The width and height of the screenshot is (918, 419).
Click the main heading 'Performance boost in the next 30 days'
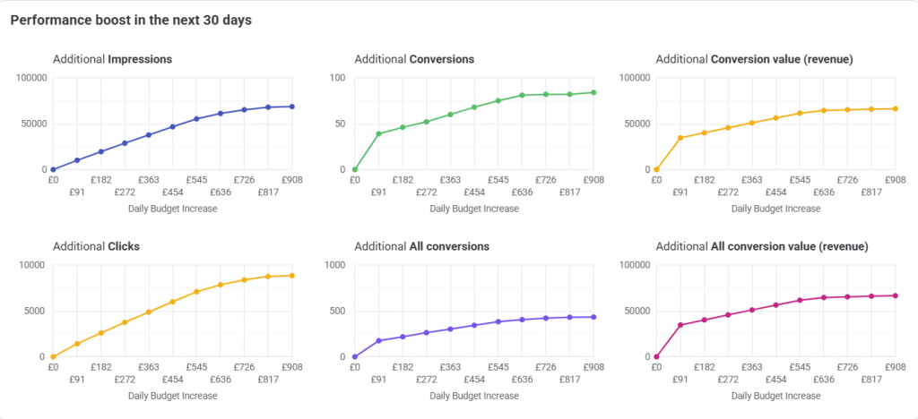coord(131,20)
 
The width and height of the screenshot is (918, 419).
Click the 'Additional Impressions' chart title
coord(113,59)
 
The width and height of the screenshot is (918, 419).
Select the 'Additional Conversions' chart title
coord(414,59)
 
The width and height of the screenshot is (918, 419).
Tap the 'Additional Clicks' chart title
coord(96,246)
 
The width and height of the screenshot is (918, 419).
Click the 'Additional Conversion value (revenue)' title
coord(754,59)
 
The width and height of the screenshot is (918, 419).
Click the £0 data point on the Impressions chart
coord(53,169)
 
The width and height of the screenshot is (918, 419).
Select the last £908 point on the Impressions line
coord(292,107)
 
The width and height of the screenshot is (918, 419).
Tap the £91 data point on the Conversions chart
coord(378,133)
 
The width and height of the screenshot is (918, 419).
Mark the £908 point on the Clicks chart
coord(292,276)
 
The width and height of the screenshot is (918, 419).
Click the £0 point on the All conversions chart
coord(355,356)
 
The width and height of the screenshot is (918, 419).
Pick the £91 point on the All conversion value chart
coord(680,325)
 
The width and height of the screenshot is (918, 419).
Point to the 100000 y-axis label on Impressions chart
coord(30,78)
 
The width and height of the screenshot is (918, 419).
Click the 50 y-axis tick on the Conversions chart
coord(339,124)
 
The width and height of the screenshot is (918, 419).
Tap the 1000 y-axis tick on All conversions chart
coord(333,265)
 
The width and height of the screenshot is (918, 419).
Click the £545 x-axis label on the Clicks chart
coord(197,367)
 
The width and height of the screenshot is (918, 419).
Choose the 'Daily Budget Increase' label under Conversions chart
coord(474,209)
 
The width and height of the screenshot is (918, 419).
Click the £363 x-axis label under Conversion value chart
coord(752,180)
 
